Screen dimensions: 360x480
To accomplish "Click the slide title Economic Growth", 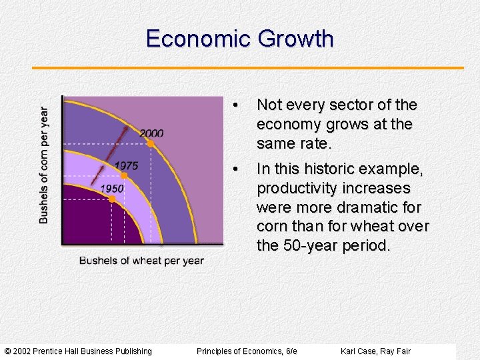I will coord(239,39).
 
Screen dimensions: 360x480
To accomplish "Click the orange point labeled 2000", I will coord(151,143).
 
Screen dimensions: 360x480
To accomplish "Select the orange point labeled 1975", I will coord(124,175).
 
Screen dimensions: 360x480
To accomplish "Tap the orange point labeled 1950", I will coord(112,199).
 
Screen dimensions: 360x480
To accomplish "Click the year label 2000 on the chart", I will coord(151,133).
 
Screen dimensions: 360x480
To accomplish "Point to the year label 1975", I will coord(126,165).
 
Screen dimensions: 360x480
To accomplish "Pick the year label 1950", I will coord(112,189).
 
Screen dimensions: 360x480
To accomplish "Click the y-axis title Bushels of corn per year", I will coord(44,165).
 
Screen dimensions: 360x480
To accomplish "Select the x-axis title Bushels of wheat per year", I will coord(141,260).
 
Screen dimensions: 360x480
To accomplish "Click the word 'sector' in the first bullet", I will coord(357,105).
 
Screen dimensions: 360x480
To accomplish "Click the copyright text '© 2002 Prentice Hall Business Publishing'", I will coord(78,351).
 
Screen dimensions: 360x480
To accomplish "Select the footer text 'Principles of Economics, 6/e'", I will coord(247,351).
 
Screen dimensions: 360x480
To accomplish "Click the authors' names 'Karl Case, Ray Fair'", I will coord(375,351).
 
